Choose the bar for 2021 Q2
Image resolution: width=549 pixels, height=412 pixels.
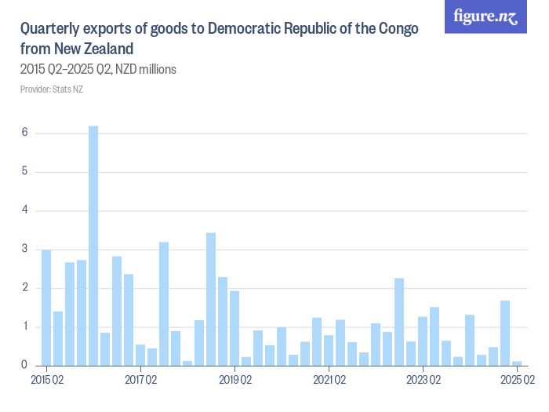click(329, 350)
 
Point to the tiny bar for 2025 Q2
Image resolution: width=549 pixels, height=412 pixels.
click(517, 363)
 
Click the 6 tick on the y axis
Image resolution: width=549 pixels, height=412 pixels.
click(25, 133)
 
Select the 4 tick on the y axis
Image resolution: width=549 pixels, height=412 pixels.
click(25, 210)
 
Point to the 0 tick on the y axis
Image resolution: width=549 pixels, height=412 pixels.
click(25, 365)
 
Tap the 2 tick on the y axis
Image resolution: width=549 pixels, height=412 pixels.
click(25, 288)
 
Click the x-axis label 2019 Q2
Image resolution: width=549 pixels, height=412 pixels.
click(235, 381)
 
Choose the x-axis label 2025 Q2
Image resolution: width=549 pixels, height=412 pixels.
click(517, 381)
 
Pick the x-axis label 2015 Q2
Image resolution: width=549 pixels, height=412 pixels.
click(46, 381)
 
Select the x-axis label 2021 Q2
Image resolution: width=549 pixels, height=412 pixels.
click(329, 381)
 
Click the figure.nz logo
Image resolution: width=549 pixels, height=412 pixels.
click(485, 16)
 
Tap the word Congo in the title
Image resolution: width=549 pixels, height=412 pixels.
click(397, 29)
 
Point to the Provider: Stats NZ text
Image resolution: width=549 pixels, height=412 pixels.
click(51, 89)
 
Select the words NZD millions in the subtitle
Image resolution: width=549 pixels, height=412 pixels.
click(145, 69)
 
